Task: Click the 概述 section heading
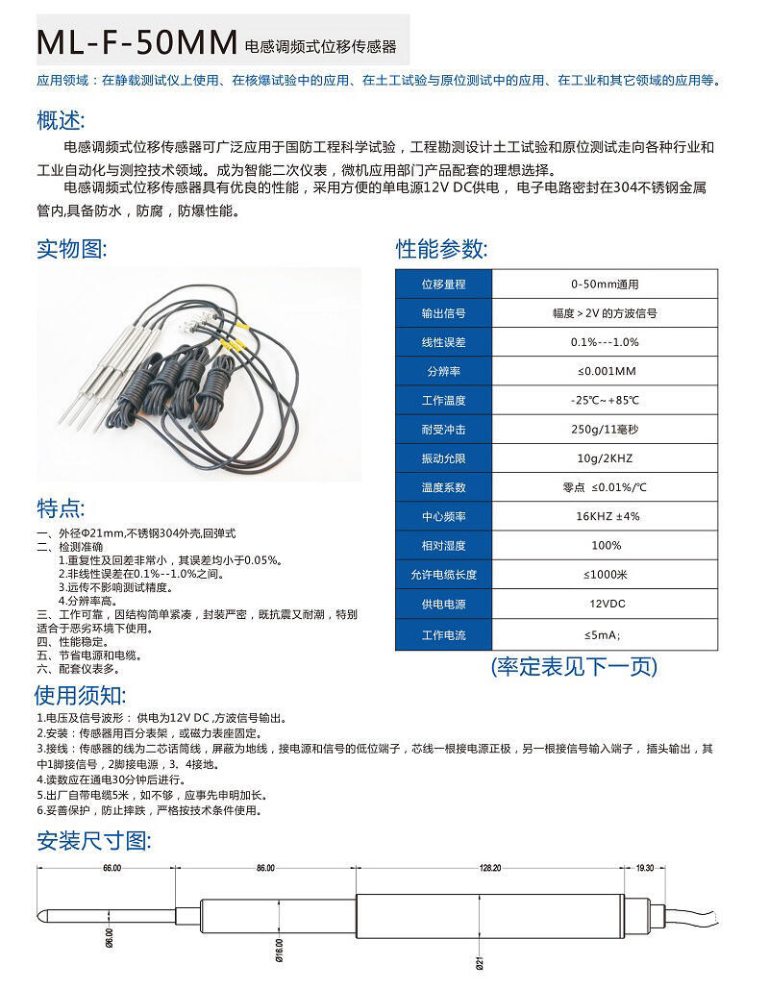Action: [61, 121]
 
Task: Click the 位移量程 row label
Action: [443, 284]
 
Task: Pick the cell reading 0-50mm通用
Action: [604, 284]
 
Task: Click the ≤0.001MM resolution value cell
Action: [604, 371]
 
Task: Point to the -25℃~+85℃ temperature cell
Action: [604, 400]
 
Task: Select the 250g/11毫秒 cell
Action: [604, 430]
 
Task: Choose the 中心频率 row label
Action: [443, 516]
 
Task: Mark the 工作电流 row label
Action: [443, 635]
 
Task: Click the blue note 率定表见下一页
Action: [574, 666]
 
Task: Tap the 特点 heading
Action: [61, 508]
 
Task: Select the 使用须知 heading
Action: [81, 695]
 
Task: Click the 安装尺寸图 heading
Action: [93, 841]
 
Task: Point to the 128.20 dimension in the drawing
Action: [490, 868]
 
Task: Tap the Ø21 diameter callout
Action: [479, 958]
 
